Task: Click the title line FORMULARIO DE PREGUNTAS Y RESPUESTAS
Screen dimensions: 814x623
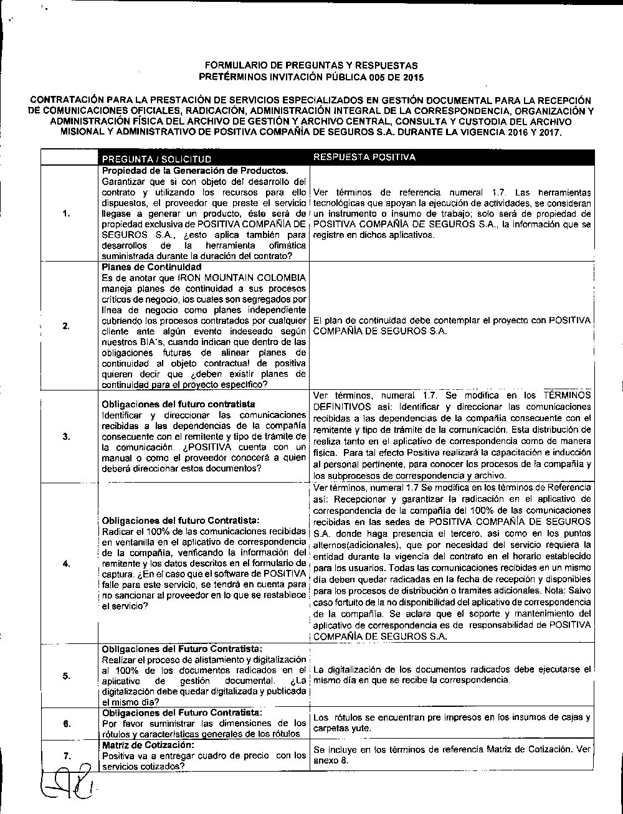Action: coord(311,65)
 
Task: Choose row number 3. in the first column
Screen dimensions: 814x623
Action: coord(65,436)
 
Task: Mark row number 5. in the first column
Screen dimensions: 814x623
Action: coord(65,677)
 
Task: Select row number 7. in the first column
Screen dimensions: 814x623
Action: coord(65,755)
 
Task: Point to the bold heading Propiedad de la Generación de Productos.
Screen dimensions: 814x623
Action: coord(195,171)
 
